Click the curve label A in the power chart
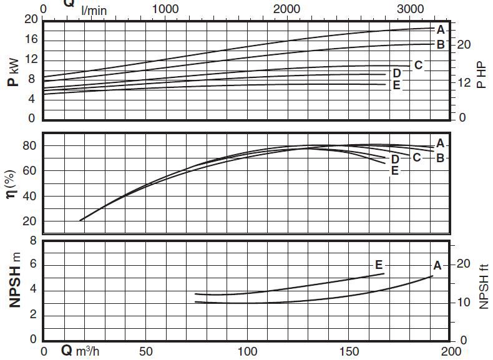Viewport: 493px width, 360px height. click(441, 29)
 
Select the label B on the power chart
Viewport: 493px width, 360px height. click(441, 44)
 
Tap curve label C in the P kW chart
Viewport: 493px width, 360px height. click(418, 65)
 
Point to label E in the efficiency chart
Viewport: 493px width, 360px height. click(394, 170)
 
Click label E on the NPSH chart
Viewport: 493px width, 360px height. click(379, 263)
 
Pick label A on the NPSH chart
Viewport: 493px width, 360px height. click(437, 266)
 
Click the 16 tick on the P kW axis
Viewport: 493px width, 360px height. click(31, 39)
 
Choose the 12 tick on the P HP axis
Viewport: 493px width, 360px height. click(462, 82)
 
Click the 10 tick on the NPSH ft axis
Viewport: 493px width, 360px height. click(462, 303)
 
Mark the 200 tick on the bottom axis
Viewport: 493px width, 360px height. click(451, 351)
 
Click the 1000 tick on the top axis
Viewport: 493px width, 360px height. click(165, 9)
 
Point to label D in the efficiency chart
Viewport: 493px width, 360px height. click(395, 159)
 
